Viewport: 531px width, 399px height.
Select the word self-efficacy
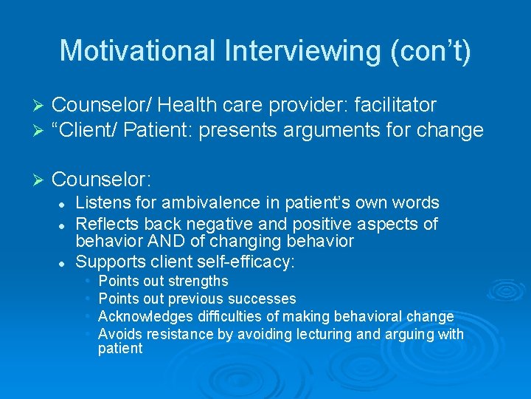[254, 261]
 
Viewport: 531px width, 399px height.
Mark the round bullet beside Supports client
[63, 262]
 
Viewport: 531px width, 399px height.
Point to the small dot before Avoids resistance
[88, 334]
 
